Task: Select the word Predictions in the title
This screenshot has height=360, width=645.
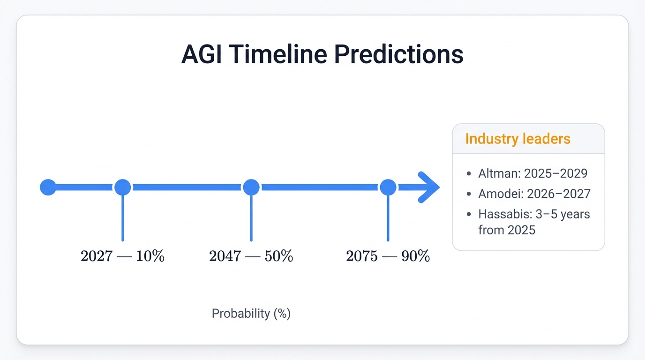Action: pyautogui.click(x=398, y=55)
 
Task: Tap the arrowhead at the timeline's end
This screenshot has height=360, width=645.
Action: pyautogui.click(x=428, y=187)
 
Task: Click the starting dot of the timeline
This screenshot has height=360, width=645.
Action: pyautogui.click(x=48, y=187)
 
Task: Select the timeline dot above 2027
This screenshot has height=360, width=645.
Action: pyautogui.click(x=123, y=187)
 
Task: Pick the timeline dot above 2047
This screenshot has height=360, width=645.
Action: pyautogui.click(x=251, y=187)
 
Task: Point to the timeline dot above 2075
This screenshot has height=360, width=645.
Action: pyautogui.click(x=388, y=187)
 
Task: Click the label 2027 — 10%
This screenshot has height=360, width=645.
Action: pyautogui.click(x=122, y=256)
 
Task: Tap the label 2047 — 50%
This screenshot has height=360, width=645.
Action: pyautogui.click(x=251, y=256)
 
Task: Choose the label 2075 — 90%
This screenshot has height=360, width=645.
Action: pyautogui.click(x=388, y=256)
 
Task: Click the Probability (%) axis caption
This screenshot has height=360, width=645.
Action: pyautogui.click(x=251, y=314)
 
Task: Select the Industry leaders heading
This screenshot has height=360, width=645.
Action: pyautogui.click(x=517, y=139)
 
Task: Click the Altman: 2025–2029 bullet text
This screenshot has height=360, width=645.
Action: pyautogui.click(x=532, y=173)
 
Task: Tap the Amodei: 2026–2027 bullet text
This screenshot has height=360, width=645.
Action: pyautogui.click(x=534, y=194)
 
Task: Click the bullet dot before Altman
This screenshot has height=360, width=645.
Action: pyautogui.click(x=469, y=174)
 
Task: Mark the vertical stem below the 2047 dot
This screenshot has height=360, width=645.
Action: pyautogui.click(x=251, y=218)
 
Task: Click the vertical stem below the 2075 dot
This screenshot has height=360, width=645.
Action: pyautogui.click(x=388, y=218)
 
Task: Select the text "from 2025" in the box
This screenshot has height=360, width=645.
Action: pyautogui.click(x=507, y=230)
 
